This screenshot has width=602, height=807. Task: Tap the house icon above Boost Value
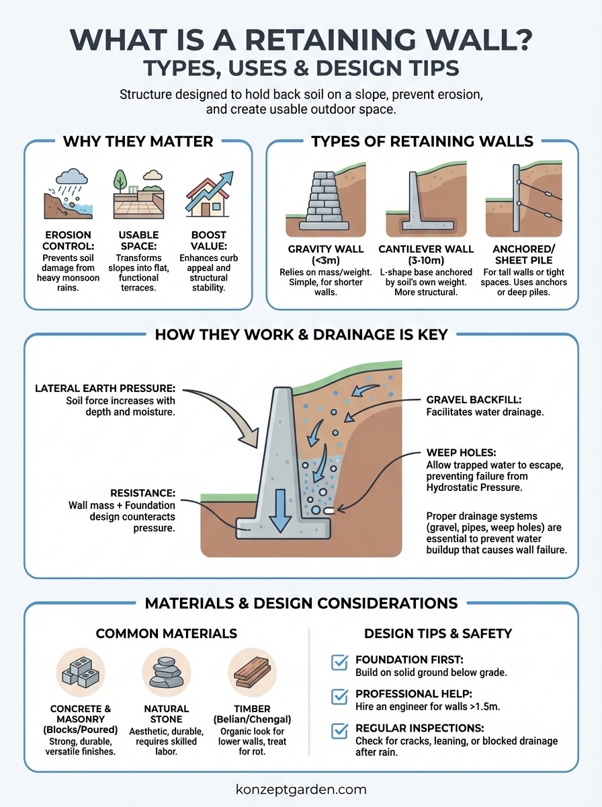[205, 200]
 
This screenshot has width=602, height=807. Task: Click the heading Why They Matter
[138, 141]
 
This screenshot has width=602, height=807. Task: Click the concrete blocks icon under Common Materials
[80, 673]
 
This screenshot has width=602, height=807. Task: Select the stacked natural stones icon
[166, 673]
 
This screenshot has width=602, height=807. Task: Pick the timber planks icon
[252, 673]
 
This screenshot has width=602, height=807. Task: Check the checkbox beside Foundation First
[340, 664]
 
